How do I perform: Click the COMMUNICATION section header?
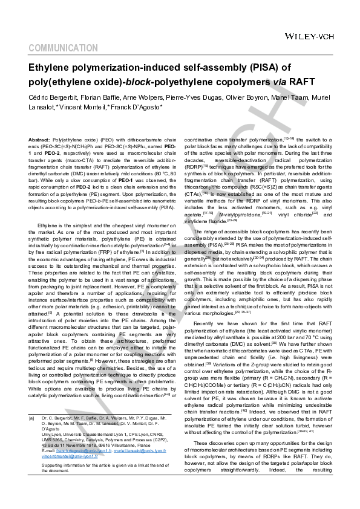click(x=62, y=48)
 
